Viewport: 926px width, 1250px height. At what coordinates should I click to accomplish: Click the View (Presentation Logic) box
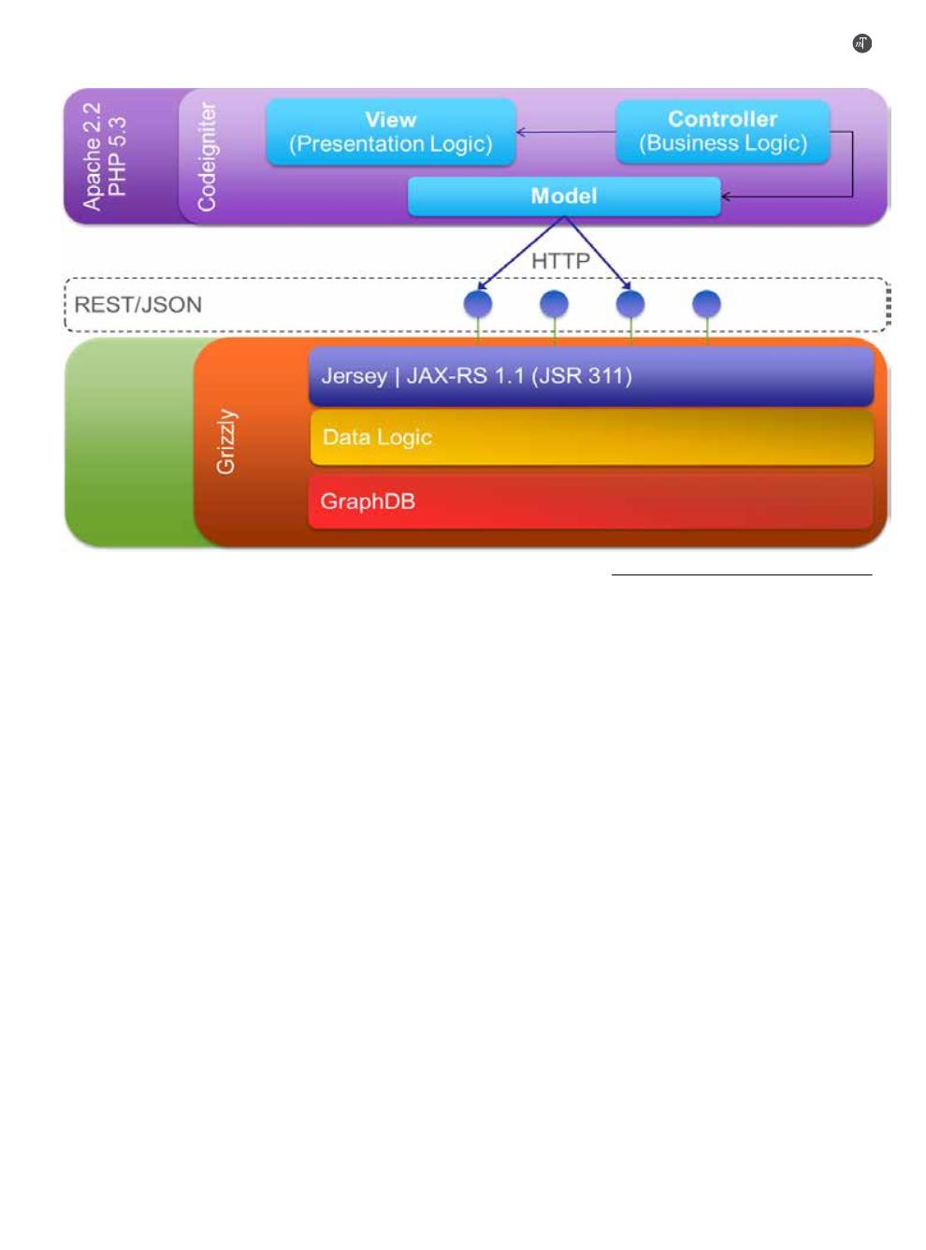pos(390,132)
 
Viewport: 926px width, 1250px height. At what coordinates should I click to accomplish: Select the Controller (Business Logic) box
pos(722,132)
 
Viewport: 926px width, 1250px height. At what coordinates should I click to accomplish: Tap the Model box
pos(564,196)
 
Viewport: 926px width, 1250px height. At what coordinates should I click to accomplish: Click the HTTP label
pos(560,261)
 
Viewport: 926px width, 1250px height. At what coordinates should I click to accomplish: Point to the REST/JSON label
pos(138,304)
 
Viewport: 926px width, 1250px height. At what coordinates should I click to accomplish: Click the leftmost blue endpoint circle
pos(477,304)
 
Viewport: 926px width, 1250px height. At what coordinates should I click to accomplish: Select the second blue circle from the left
pos(554,304)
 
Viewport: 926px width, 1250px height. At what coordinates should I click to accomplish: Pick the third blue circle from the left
pos(630,304)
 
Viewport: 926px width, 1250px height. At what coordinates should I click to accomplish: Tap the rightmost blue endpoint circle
pos(706,304)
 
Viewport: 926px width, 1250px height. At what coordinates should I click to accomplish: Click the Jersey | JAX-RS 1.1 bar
pos(590,376)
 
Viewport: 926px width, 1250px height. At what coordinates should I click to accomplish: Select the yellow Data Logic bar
pos(592,437)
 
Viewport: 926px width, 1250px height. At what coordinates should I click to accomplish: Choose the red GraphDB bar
pos(590,501)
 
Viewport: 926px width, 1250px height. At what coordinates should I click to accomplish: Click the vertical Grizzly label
pos(226,442)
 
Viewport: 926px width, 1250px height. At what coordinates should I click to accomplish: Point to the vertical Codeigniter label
pos(207,156)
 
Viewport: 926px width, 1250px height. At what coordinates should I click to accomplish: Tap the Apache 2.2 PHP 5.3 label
pos(105,156)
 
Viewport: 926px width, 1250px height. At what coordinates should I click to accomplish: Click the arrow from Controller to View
pos(566,132)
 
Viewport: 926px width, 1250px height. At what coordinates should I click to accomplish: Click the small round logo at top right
pos(861,43)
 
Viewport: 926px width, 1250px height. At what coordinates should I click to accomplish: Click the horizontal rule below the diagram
pos(741,574)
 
